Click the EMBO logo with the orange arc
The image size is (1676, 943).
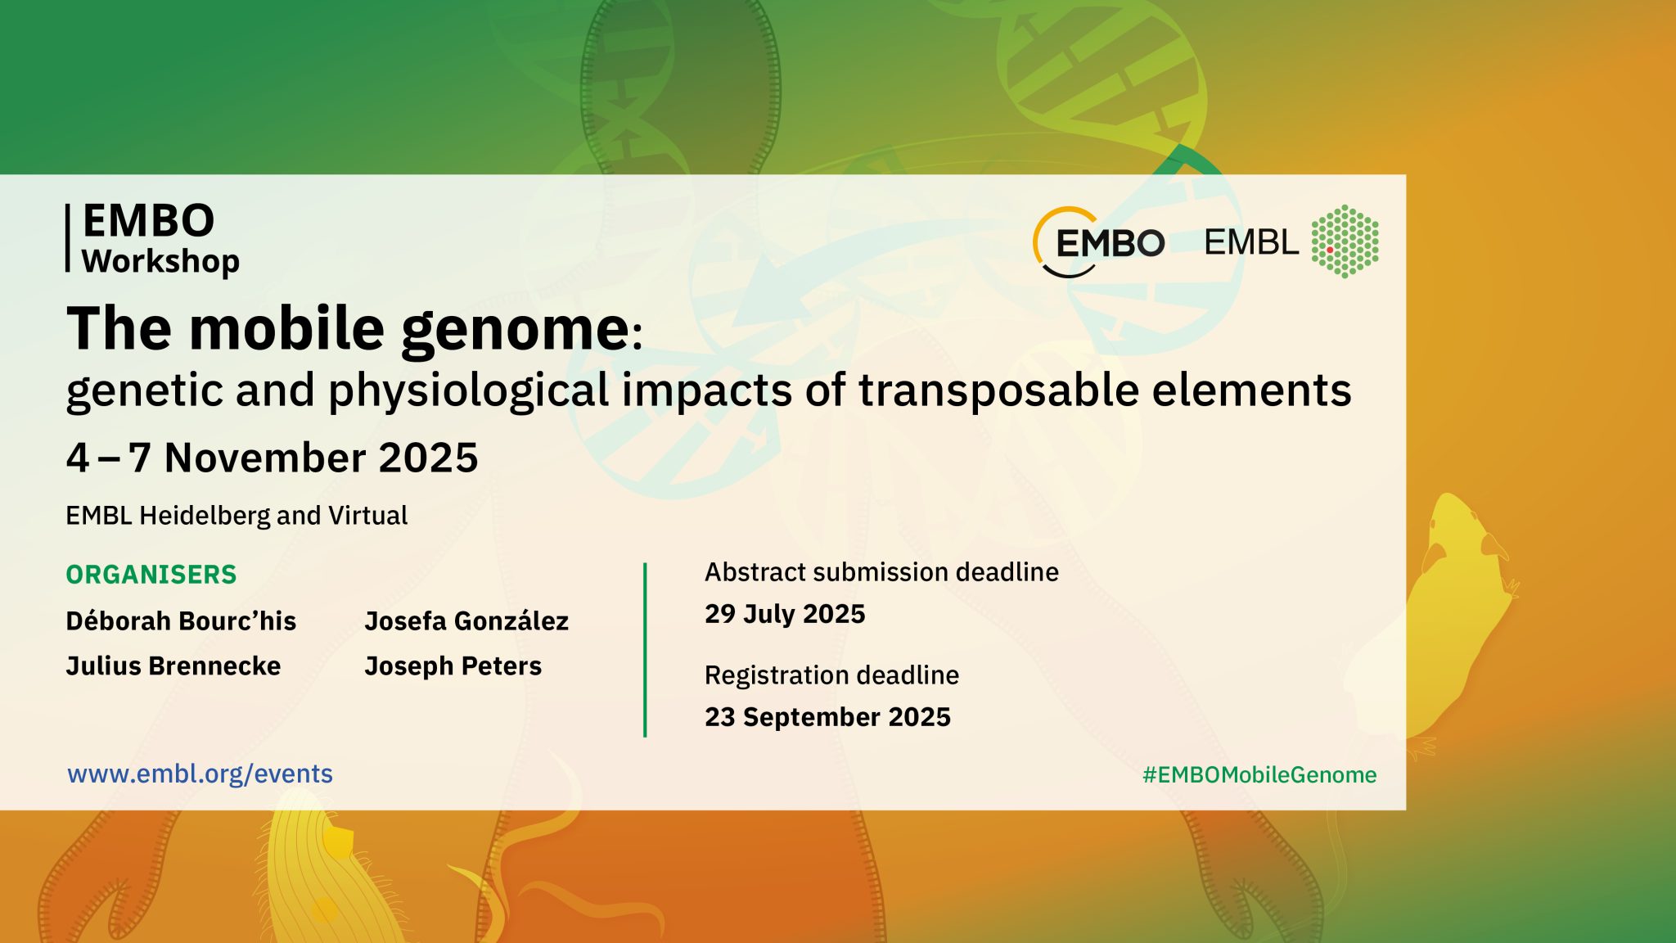click(x=1098, y=242)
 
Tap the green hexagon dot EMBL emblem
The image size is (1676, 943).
click(x=1345, y=241)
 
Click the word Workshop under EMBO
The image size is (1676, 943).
click(x=160, y=262)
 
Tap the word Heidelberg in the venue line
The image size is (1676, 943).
click(x=204, y=515)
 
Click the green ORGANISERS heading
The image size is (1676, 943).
click(x=151, y=575)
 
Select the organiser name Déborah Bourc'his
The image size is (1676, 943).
click(x=181, y=621)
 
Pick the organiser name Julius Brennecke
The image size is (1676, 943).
click(x=173, y=666)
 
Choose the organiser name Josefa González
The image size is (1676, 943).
click(x=466, y=621)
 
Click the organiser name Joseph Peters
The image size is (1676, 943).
click(x=453, y=666)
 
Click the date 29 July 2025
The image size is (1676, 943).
click(x=785, y=614)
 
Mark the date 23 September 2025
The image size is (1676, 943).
click(x=827, y=717)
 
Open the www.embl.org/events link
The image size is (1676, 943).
click(x=200, y=774)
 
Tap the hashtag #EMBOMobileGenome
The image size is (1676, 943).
click(x=1259, y=775)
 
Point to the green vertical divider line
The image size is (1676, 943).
click(x=645, y=650)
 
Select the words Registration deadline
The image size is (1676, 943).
click(x=831, y=675)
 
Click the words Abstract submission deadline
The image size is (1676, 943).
click(x=881, y=572)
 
